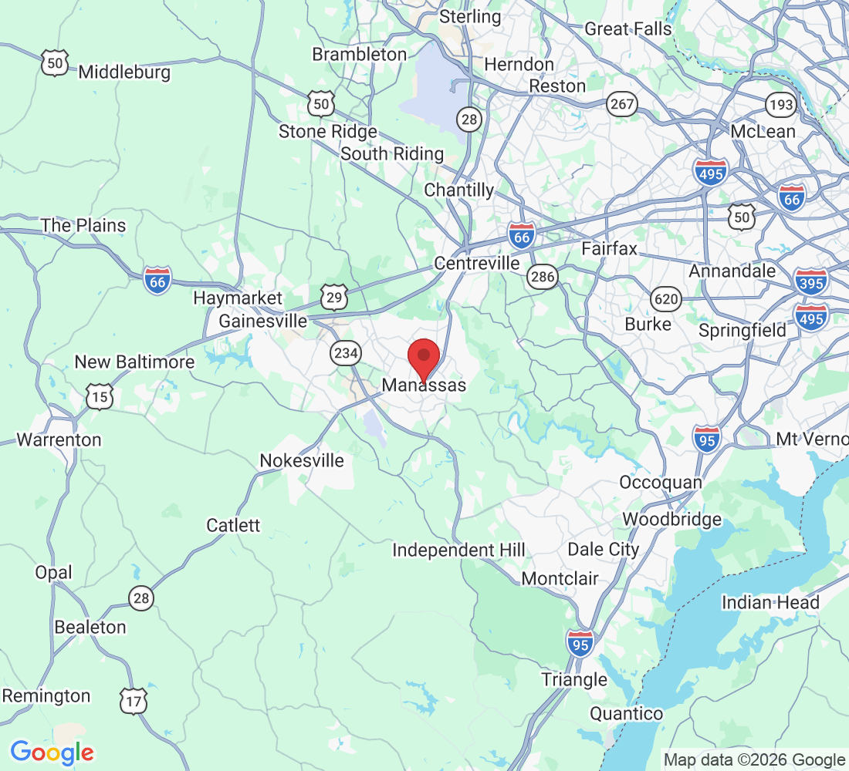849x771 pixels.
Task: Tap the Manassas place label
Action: [x=424, y=385]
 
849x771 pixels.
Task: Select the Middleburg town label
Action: [x=124, y=72]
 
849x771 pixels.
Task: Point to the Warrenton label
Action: [x=59, y=439]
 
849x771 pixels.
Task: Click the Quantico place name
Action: [x=626, y=713]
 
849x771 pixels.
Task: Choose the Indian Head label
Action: [x=770, y=602]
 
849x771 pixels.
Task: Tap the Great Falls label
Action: [x=628, y=29]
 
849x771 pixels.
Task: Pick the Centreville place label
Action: [x=477, y=264]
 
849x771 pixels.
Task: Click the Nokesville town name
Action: [x=302, y=460]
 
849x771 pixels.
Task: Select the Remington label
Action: [x=46, y=695]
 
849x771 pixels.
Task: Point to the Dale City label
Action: [x=604, y=549]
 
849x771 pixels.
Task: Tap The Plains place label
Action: [x=83, y=225]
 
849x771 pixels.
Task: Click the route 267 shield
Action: [x=621, y=105]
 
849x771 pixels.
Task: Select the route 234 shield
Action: [x=345, y=353]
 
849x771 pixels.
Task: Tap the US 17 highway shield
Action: [x=133, y=701]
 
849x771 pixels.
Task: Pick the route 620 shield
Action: [x=665, y=298]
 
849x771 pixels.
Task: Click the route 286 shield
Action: [x=543, y=278]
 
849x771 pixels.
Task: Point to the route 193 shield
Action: [x=780, y=104]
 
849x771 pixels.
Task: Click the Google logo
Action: [x=52, y=752]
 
